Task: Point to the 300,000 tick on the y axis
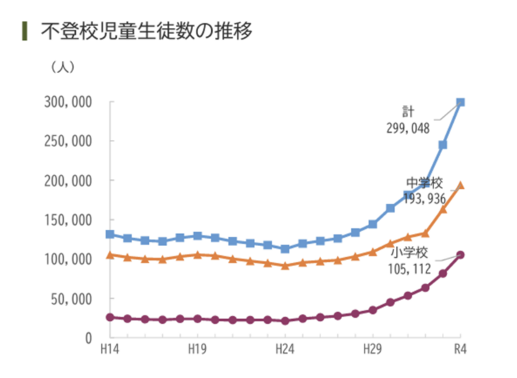point(67,102)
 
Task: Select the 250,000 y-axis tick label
point(67,141)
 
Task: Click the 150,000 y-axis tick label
point(67,220)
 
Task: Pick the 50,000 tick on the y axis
point(70,299)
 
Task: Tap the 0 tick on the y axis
point(89,338)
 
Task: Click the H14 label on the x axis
point(109,349)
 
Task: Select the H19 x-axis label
point(197,349)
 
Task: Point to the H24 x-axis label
point(284,349)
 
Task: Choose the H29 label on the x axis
point(372,349)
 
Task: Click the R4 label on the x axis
point(461,349)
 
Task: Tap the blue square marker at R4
point(461,103)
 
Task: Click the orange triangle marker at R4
point(461,186)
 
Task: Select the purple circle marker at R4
point(461,255)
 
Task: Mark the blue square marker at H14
point(110,234)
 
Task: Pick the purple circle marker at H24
point(284,320)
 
